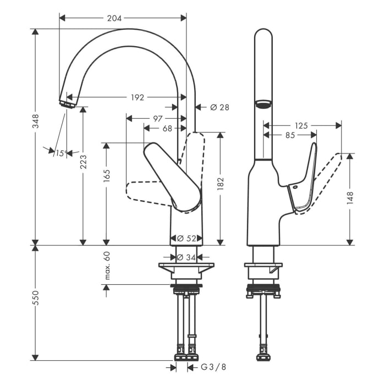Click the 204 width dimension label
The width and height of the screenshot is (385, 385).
114,18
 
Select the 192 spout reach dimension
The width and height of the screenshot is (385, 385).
137,97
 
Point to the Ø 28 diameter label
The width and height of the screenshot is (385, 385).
219,107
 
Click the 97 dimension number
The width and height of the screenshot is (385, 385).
157,118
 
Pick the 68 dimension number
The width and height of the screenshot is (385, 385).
167,128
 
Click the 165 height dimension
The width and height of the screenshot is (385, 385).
107,175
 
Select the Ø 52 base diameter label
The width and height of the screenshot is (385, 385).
187,238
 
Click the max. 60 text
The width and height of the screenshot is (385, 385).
107,265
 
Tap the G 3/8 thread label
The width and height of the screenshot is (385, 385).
212,367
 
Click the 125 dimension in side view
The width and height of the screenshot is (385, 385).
301,125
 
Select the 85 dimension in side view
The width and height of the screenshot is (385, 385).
290,135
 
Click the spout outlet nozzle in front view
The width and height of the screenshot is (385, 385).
67,103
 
